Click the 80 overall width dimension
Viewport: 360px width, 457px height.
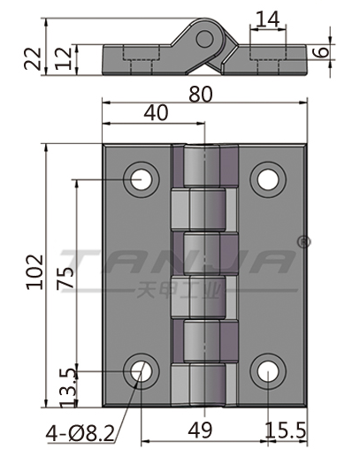coord(201,95)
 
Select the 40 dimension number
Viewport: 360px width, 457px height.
coord(156,112)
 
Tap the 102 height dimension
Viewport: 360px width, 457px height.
coord(34,272)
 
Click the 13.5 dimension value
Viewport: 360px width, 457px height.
coord(68,388)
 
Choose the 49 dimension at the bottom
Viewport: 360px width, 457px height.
coord(200,430)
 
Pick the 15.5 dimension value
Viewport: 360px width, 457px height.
coord(285,430)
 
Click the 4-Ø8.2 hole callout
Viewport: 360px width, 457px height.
coord(80,433)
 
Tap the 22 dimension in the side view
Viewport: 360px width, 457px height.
coord(33,58)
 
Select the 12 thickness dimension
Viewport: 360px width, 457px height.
coord(64,58)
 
